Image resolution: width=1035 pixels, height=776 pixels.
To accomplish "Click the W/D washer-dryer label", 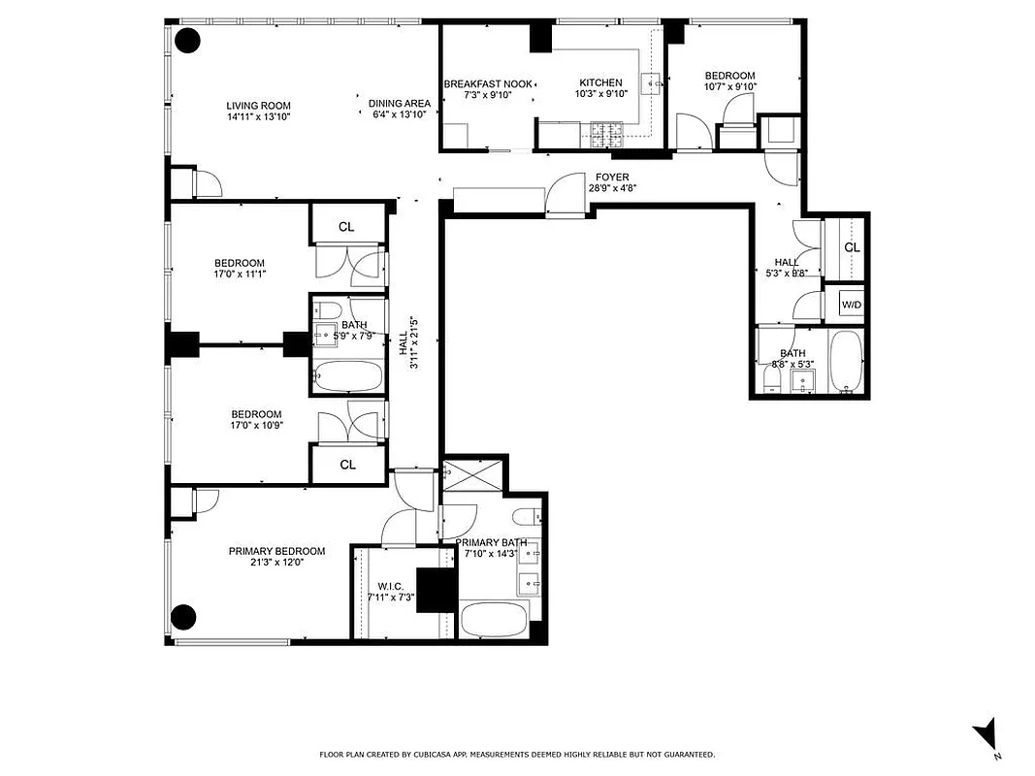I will pyautogui.click(x=852, y=305).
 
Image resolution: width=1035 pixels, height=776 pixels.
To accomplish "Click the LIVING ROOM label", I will pyautogui.click(x=258, y=106).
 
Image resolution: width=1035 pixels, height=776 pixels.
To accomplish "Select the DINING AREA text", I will pyautogui.click(x=400, y=103).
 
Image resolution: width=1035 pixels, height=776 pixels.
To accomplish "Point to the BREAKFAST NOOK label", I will pyautogui.click(x=488, y=84).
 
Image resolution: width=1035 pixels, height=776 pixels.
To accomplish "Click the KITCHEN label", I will pyautogui.click(x=600, y=83).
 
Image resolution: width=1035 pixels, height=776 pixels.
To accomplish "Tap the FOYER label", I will pyautogui.click(x=612, y=178).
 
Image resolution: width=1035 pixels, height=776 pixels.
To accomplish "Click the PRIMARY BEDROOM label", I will pyautogui.click(x=276, y=551).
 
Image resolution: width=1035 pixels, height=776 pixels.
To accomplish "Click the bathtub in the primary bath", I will pyautogui.click(x=494, y=618).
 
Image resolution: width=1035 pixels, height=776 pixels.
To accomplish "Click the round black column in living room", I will pyautogui.click(x=186, y=41).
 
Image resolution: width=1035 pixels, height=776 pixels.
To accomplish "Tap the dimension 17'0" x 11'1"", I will pyautogui.click(x=240, y=275).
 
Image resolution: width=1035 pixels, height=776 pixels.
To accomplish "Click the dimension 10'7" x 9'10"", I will pyautogui.click(x=729, y=86).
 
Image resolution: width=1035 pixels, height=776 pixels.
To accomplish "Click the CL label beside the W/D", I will pyautogui.click(x=852, y=247).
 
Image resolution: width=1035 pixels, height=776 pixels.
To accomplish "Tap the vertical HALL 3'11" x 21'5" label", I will pyautogui.click(x=408, y=341).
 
